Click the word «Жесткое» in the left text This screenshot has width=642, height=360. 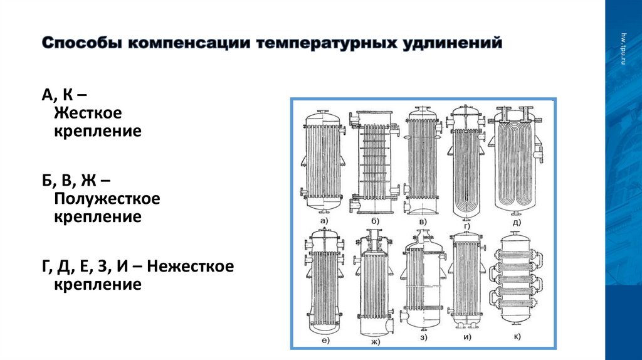[87, 114]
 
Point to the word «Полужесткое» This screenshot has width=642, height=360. [107, 199]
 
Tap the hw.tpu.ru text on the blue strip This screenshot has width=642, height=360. [623, 45]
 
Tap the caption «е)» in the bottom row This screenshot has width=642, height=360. [325, 341]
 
